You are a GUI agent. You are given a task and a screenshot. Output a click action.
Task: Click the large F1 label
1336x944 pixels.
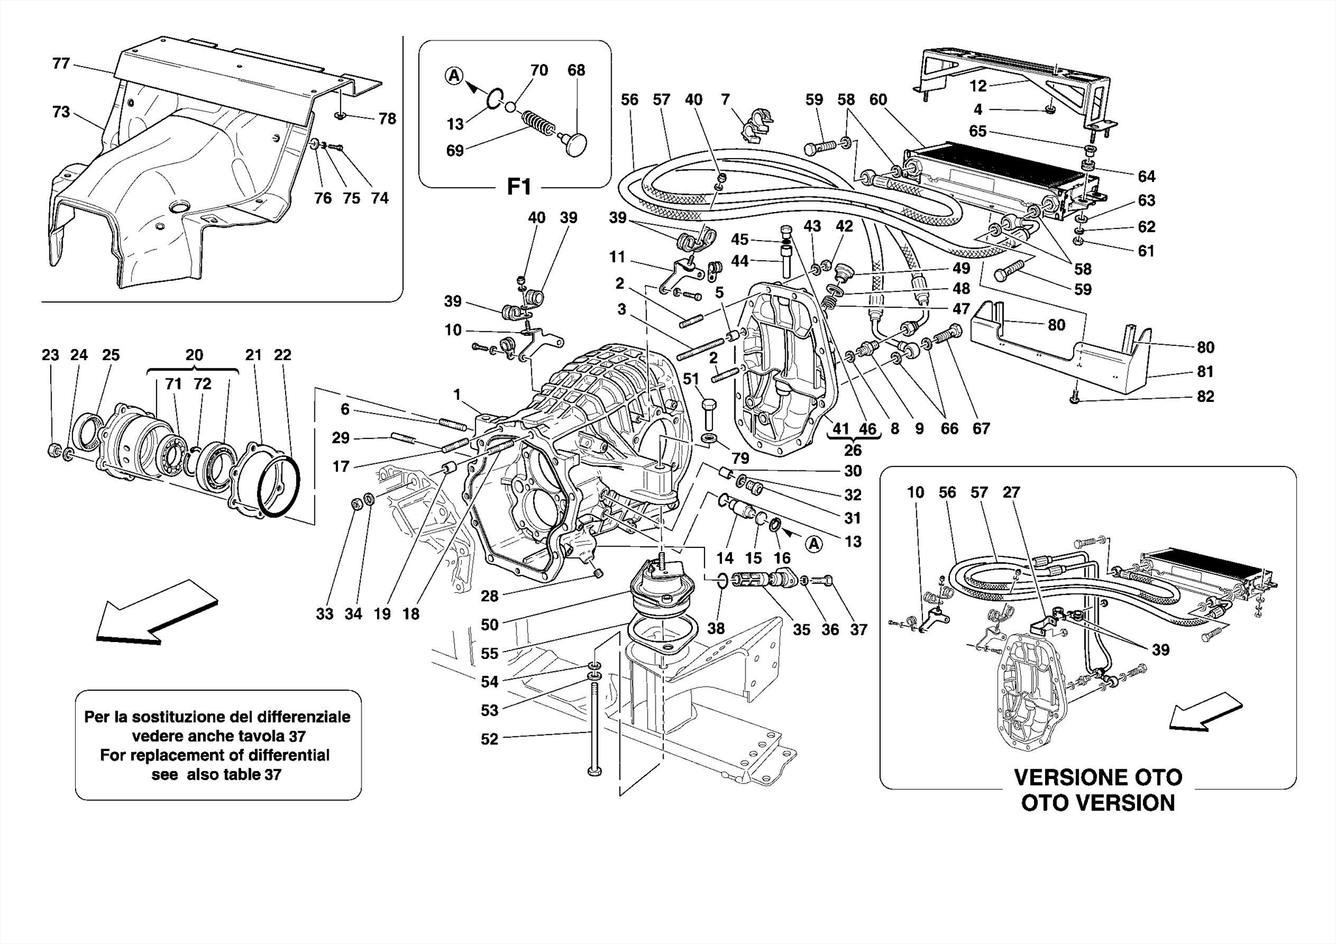519,187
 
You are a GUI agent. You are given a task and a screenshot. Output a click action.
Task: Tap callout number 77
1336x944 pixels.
61,63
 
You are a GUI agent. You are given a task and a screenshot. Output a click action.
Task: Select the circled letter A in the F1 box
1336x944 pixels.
454,76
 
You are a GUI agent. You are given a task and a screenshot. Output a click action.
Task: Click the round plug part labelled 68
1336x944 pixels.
576,144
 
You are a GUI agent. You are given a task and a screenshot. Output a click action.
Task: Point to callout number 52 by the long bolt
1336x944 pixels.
489,738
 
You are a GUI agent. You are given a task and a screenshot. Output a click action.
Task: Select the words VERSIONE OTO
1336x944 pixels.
1097,778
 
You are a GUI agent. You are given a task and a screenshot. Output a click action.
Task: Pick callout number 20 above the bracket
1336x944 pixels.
194,355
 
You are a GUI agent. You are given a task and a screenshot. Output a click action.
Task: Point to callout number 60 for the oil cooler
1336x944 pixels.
878,99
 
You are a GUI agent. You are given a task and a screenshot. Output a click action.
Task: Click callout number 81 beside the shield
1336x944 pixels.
1205,371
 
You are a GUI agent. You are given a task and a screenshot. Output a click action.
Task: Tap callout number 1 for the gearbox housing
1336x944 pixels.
457,394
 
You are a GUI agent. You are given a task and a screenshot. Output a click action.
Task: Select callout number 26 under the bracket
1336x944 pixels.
853,449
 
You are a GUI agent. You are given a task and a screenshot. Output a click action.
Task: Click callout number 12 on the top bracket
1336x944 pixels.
978,85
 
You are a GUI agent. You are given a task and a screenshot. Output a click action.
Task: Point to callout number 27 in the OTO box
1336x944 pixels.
1011,492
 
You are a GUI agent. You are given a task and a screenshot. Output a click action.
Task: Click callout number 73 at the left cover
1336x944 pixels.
61,112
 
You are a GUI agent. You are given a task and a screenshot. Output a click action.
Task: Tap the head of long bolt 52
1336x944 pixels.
594,772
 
